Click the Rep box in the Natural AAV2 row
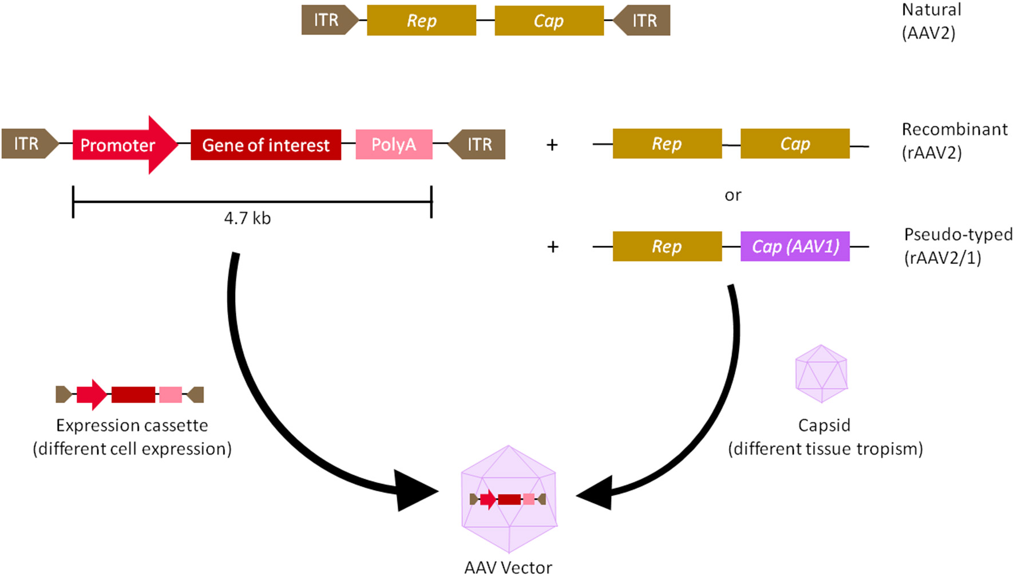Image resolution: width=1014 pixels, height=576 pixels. click(x=421, y=21)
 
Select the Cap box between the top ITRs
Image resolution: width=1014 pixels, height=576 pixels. click(x=549, y=21)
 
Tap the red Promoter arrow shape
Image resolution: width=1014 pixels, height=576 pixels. click(x=123, y=145)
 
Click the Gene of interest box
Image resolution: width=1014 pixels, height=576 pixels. click(x=266, y=145)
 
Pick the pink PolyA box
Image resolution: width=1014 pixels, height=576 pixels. click(x=394, y=144)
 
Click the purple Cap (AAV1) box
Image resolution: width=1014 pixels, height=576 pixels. click(x=795, y=246)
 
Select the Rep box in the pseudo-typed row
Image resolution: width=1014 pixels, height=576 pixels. click(x=667, y=246)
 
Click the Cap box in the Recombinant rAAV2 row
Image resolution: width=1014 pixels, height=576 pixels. click(x=795, y=144)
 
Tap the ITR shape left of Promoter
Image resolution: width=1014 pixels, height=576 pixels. click(x=29, y=144)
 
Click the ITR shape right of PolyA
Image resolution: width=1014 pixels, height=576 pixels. click(x=478, y=144)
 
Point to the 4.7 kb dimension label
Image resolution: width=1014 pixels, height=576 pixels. click(x=247, y=218)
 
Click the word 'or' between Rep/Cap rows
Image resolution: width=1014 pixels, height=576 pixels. click(x=732, y=195)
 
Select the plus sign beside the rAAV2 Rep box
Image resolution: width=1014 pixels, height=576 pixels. click(x=552, y=145)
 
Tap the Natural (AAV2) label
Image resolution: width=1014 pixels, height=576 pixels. click(x=931, y=21)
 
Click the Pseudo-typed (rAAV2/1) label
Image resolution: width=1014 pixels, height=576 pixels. click(x=957, y=246)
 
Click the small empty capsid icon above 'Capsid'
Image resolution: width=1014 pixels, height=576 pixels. click(x=821, y=373)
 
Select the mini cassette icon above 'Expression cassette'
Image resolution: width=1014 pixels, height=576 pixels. click(x=130, y=394)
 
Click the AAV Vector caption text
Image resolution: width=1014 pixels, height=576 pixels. click(x=508, y=567)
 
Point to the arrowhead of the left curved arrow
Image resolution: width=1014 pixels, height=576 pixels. click(x=415, y=491)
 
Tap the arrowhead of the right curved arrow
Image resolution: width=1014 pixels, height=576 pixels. click(x=596, y=493)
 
